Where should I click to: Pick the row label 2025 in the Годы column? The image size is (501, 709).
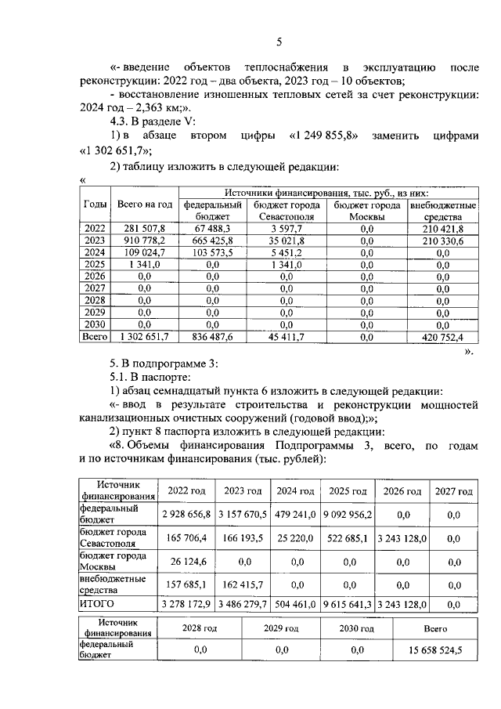(94, 264)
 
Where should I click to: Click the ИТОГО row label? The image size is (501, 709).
(96, 604)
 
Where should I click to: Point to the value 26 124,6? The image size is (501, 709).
(185, 561)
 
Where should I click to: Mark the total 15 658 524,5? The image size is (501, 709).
(436, 650)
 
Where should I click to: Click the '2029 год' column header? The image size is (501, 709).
(281, 628)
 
